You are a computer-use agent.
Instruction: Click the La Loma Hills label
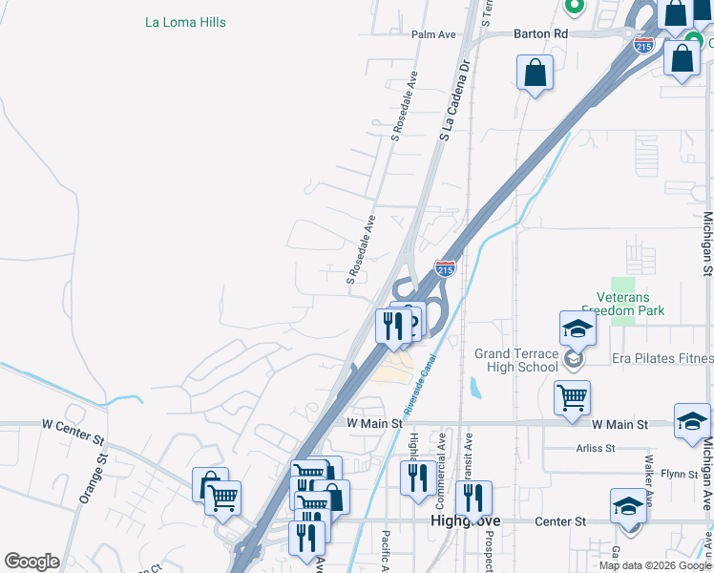tap(186, 21)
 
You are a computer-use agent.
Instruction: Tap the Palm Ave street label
tap(434, 34)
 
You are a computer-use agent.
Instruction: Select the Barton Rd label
tap(540, 33)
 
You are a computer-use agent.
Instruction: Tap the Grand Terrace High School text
tap(516, 360)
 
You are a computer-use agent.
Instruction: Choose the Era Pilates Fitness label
tap(662, 358)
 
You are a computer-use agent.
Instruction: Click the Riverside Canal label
tap(420, 380)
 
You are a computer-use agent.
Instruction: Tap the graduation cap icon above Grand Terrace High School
tap(577, 329)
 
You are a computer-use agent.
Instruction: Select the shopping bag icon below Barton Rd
tap(535, 73)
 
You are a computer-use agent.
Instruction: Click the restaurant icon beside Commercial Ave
tap(416, 477)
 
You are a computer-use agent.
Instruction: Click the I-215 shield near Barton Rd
tap(643, 42)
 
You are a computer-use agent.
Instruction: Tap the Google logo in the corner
tap(31, 562)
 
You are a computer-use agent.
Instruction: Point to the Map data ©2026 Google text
tap(655, 565)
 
